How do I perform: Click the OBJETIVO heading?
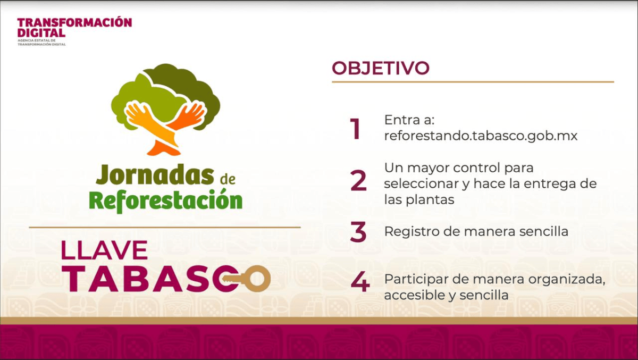381,68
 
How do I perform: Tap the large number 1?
356,129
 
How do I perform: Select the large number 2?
358,180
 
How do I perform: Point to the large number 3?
358,232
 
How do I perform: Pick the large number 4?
360,282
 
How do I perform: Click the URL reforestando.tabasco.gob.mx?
481,136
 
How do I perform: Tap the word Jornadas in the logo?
155,174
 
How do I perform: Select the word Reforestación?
165,200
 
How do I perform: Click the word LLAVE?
104,250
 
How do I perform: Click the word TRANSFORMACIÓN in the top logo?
74,22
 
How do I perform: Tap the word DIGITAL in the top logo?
41,32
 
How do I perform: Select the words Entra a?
409,120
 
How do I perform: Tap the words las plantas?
419,199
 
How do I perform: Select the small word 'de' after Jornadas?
228,179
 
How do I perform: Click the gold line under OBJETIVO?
473,82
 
